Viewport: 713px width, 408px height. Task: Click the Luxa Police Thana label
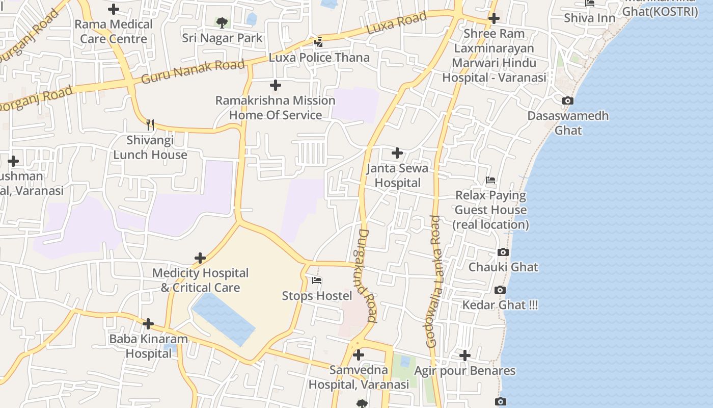coord(319,57)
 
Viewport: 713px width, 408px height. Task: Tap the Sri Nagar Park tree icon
coord(222,22)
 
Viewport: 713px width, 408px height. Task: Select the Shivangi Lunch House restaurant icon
coord(150,124)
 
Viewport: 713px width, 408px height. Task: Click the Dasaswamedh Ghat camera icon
coord(568,101)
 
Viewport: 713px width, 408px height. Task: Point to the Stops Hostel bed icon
coord(317,280)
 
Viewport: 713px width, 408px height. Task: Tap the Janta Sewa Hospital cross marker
coord(397,152)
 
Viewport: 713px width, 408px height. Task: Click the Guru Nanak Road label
coord(193,72)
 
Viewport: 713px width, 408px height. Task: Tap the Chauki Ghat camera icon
coord(503,252)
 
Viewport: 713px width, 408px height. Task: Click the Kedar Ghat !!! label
coord(500,305)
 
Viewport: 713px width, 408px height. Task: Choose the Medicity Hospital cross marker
coord(200,258)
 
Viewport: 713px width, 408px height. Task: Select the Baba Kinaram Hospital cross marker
coord(148,324)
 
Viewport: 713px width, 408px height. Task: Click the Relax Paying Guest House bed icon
coord(490,180)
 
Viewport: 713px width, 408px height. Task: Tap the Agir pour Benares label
coord(464,371)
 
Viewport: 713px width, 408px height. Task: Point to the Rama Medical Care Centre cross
coord(114,9)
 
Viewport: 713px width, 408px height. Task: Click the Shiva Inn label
coord(589,18)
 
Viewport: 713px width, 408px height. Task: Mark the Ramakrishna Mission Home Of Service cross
coord(276,85)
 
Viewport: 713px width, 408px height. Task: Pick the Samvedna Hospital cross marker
coord(359,355)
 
